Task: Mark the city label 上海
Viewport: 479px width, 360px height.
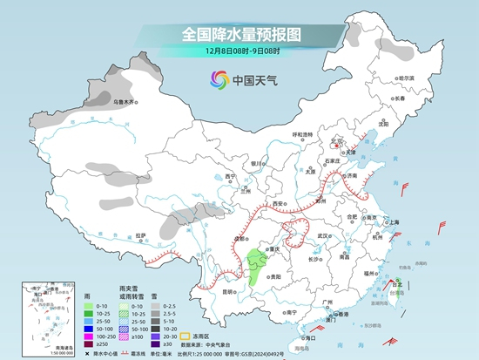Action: tap(393, 222)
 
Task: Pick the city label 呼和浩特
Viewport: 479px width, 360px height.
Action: tap(301, 134)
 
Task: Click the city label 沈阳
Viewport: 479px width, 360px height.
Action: tap(408, 123)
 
